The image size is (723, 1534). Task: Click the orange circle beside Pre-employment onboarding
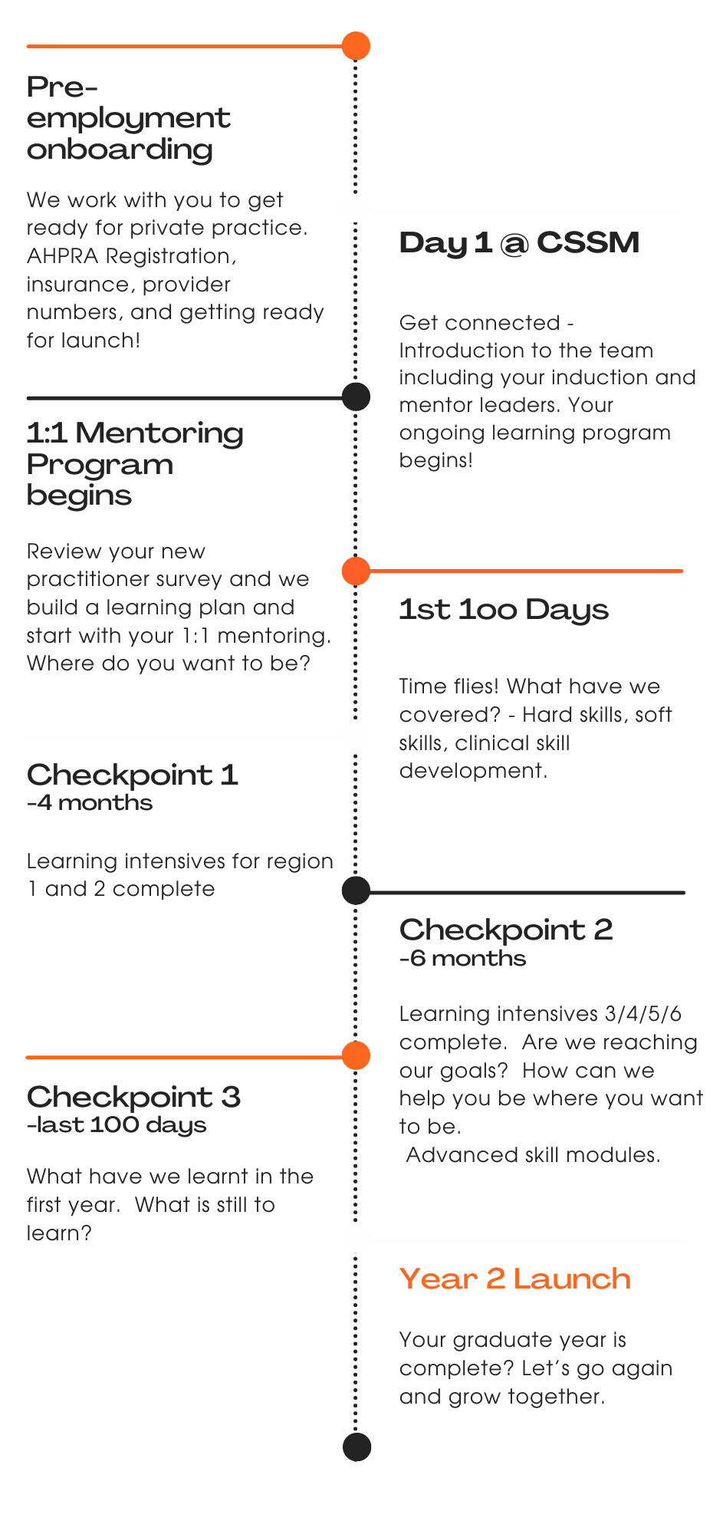[356, 46]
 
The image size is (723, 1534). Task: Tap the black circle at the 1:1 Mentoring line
[356, 397]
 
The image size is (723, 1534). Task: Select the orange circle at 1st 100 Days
[356, 571]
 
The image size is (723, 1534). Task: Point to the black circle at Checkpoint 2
[356, 891]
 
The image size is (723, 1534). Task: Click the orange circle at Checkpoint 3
[356, 1056]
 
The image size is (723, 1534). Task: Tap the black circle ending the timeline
[357, 1447]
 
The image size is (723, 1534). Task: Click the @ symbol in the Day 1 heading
[514, 244]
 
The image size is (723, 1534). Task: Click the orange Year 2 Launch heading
[514, 1279]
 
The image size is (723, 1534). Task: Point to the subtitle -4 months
[90, 803]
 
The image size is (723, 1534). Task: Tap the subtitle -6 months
[462, 959]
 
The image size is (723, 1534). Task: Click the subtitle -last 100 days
[117, 1125]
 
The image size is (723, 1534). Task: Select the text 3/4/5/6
[642, 1014]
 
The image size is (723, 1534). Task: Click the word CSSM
[588, 243]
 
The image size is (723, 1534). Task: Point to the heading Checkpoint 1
[132, 775]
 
